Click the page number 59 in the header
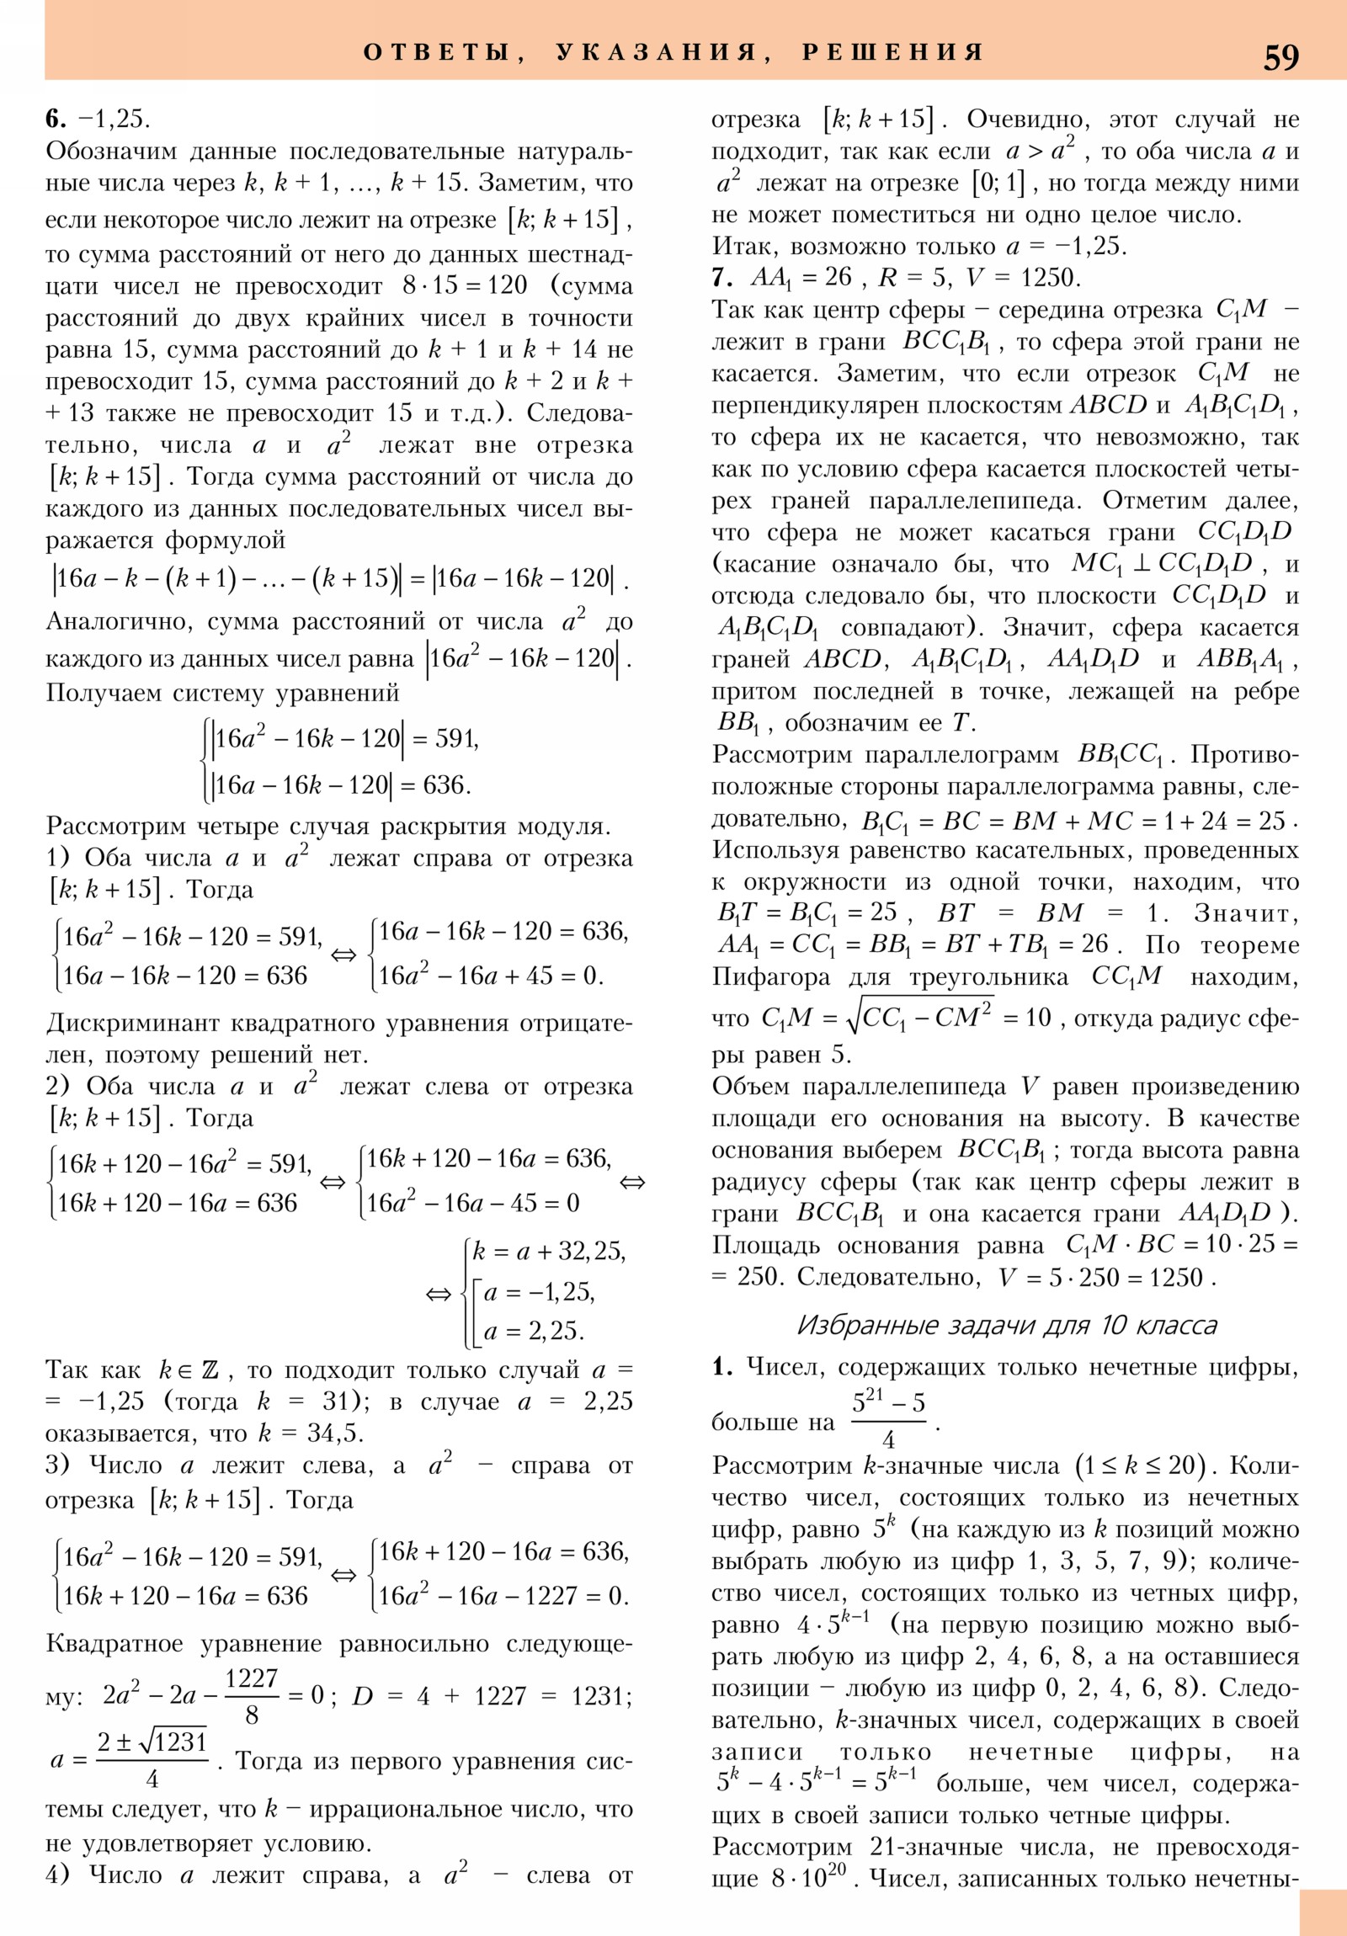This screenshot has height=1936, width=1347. [x=1280, y=56]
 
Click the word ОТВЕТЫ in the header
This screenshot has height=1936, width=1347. [x=436, y=52]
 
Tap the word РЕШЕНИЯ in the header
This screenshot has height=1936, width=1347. [x=892, y=52]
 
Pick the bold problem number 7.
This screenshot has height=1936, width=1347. [x=721, y=278]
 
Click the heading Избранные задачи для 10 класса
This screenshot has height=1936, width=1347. [x=1007, y=1326]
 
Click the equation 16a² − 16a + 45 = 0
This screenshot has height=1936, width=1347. [x=491, y=976]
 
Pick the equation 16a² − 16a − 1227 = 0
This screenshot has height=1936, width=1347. [x=503, y=1595]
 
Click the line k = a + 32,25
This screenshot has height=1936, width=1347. [x=548, y=1253]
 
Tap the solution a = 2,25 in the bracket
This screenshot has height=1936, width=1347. [x=533, y=1331]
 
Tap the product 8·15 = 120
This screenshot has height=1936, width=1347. [x=465, y=285]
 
